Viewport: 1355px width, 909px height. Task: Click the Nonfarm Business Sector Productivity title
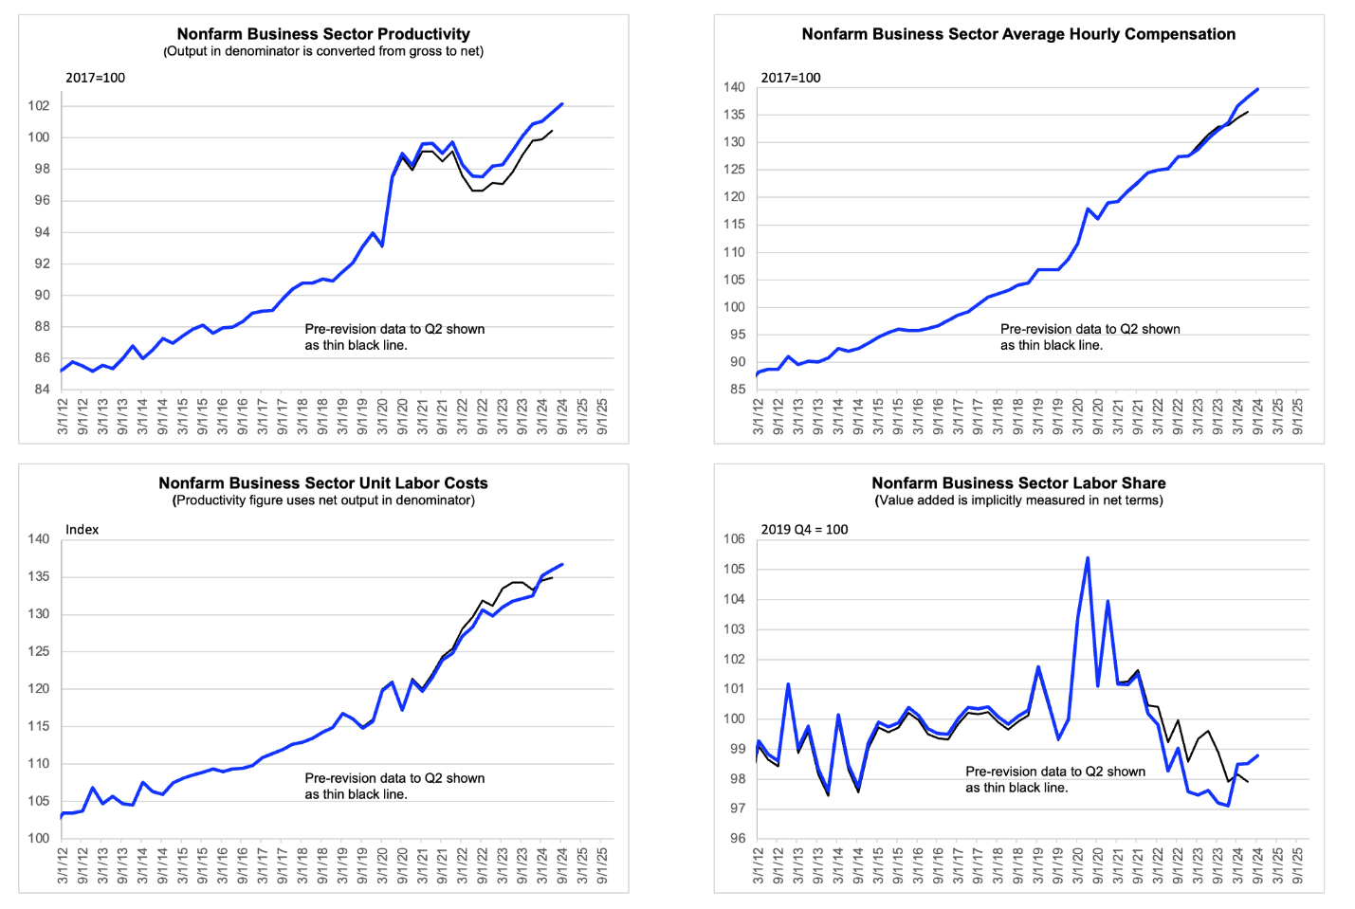(323, 34)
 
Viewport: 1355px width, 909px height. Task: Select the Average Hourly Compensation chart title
(1018, 34)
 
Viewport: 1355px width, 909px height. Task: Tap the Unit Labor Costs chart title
(323, 482)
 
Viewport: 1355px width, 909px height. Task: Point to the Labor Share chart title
(1018, 482)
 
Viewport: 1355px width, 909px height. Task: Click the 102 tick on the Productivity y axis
(38, 106)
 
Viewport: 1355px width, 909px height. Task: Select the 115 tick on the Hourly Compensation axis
(734, 225)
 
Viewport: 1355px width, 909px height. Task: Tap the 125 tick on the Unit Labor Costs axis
(38, 651)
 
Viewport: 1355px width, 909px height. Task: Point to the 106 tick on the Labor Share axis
(734, 539)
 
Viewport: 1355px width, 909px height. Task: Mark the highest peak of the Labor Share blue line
(1088, 558)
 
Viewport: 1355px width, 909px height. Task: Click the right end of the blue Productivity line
(562, 104)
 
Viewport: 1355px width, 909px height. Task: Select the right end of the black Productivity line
(552, 131)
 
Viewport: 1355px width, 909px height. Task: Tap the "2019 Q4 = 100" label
(804, 529)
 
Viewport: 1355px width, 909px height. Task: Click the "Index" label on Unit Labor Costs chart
(82, 529)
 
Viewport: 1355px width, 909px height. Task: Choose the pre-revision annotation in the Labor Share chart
(1055, 779)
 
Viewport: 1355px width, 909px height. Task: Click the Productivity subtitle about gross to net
(323, 51)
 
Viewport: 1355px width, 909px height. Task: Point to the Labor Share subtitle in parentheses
(1018, 500)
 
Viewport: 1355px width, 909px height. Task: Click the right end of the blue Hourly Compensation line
(1257, 89)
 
